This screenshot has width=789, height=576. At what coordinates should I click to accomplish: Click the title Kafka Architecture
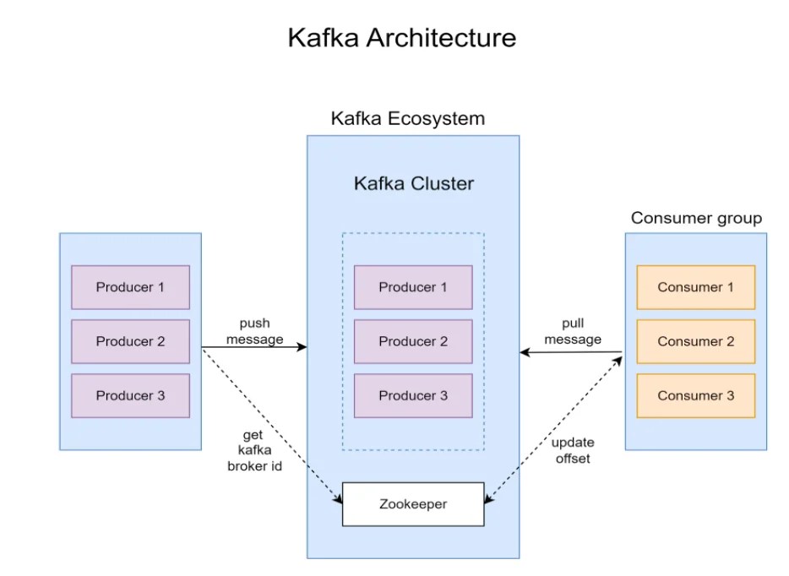coord(401,38)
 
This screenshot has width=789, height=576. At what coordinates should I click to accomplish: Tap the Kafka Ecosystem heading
coord(407,118)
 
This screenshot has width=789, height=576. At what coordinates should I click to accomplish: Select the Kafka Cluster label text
coord(413,183)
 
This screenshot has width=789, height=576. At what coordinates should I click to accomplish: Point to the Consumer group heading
coord(696,218)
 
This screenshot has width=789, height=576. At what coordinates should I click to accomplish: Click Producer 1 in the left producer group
coord(130,287)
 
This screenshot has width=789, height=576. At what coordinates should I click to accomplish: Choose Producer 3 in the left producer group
coord(130,395)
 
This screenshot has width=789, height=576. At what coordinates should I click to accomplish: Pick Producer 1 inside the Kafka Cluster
coord(413,287)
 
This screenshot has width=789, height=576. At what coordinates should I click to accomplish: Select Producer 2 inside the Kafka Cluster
coord(413,341)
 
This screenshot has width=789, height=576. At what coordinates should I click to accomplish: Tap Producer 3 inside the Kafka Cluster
coord(413,395)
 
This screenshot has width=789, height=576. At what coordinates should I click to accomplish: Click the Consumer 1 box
coord(695,287)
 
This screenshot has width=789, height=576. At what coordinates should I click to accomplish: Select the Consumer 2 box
coord(695,341)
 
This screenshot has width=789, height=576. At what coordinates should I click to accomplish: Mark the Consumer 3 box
coord(695,395)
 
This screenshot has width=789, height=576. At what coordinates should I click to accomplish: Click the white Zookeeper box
coord(413,504)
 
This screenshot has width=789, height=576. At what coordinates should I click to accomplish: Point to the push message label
coord(254,331)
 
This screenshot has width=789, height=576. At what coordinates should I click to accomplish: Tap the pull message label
coord(573,331)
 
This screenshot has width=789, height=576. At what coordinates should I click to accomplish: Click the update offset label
coord(573,450)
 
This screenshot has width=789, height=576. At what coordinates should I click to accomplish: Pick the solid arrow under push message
coord(253,347)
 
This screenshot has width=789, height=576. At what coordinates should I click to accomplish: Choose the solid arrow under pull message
coord(572,352)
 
